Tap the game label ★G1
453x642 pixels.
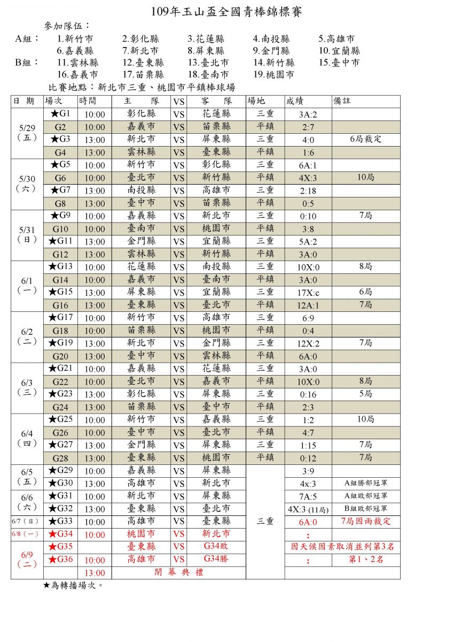tap(60, 113)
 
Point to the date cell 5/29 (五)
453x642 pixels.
tap(27, 133)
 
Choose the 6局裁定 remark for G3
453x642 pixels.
tap(365, 139)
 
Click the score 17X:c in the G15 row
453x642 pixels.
tap(308, 292)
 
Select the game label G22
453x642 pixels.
tap(60, 381)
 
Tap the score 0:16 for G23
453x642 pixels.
tap(308, 394)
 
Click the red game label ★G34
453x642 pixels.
tap(60, 533)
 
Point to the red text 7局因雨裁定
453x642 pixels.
tap(365, 521)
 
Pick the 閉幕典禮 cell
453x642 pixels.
tap(178, 572)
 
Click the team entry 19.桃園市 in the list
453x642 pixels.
tap(274, 75)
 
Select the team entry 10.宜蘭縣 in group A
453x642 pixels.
tap(339, 51)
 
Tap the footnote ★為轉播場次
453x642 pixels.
tap(73, 585)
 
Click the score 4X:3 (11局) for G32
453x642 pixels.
tap(308, 509)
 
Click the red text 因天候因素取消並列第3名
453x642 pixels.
tap(342, 546)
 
